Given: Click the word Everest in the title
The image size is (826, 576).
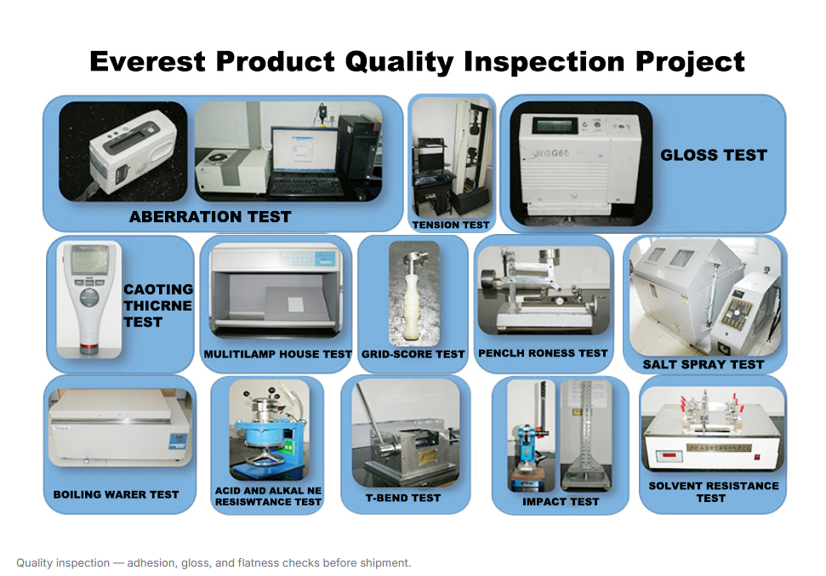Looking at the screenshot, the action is click(147, 61).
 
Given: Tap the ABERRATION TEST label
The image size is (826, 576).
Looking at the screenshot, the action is click(210, 217).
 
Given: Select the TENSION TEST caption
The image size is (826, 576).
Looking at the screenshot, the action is click(451, 225).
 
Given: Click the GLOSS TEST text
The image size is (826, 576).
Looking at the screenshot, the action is click(714, 155).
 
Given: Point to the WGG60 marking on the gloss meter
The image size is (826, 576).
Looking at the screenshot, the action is click(552, 153).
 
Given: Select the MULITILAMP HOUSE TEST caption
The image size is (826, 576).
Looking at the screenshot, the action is click(277, 354).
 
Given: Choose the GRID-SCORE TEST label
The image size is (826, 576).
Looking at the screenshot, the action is click(413, 354).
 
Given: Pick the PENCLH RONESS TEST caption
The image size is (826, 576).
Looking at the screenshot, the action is click(543, 353).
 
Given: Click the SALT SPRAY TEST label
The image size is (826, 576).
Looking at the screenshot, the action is click(704, 364).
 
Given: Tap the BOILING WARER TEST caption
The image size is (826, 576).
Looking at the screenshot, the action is click(116, 494).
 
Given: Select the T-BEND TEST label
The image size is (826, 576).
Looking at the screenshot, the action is click(403, 498).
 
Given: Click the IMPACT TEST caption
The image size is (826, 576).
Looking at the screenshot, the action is click(561, 502).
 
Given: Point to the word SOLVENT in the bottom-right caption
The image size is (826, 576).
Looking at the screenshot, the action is click(674, 486).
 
